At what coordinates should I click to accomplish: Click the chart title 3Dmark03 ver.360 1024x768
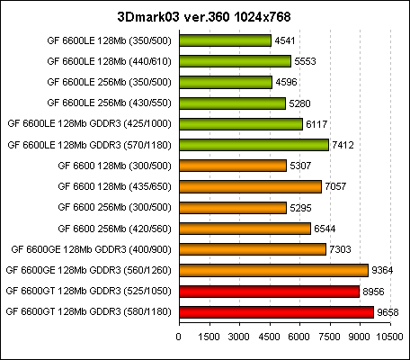tap(205, 16)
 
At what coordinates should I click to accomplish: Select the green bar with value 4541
tap(225, 40)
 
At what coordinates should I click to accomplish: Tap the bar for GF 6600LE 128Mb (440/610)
tap(236, 61)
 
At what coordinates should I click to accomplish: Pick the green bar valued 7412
tap(254, 144)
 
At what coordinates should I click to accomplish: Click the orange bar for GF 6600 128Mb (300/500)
tap(233, 165)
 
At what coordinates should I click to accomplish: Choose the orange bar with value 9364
tap(273, 269)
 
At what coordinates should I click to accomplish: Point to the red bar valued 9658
tap(276, 310)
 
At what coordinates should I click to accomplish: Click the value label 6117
tap(317, 123)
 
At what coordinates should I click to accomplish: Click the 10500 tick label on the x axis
tap(388, 336)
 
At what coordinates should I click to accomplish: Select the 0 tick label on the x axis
tap(180, 336)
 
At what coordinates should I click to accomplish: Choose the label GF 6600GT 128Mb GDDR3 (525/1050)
tap(89, 290)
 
